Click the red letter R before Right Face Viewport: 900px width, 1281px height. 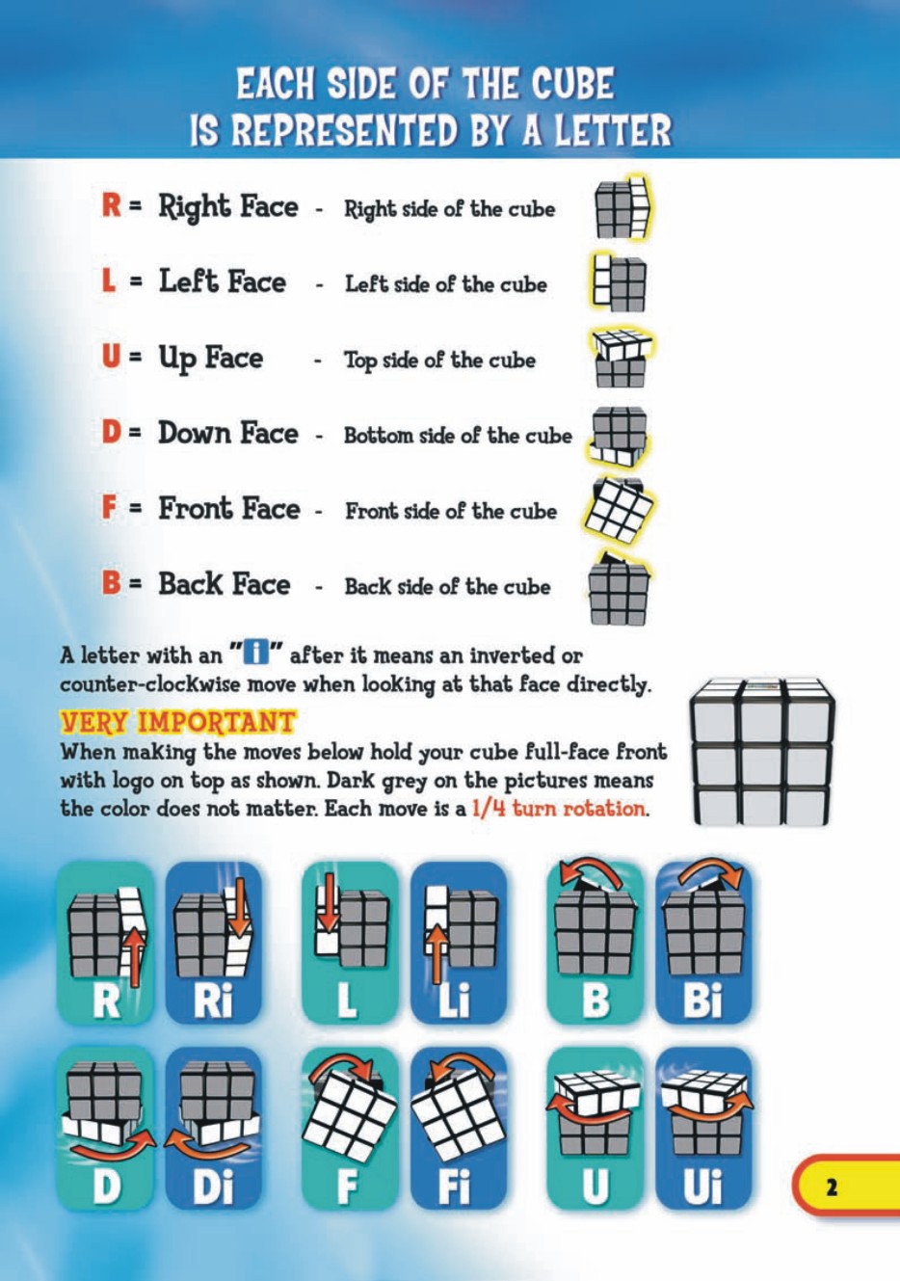pos(111,205)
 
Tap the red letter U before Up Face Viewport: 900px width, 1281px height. pos(111,356)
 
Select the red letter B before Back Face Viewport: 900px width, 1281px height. pos(111,583)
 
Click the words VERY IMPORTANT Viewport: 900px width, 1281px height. pos(177,722)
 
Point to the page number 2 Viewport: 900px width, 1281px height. pos(832,1187)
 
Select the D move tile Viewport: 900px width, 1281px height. pos(105,1129)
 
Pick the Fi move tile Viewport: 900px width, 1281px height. pos(458,1129)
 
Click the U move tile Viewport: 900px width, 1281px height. pos(596,1129)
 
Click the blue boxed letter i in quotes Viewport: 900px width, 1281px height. pos(255,654)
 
